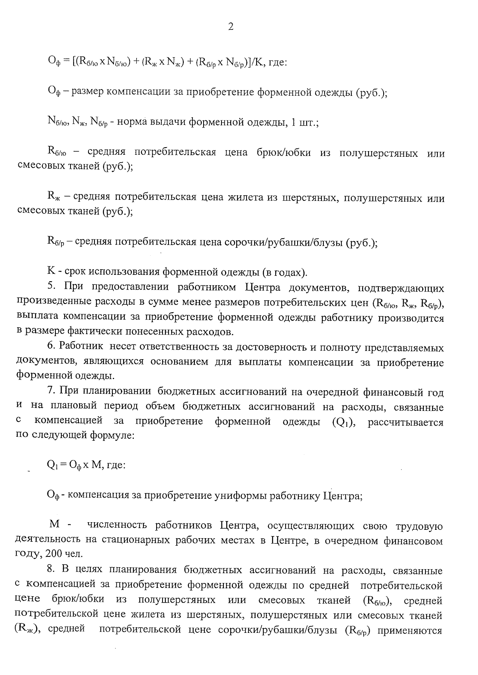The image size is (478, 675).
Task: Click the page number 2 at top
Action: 231,27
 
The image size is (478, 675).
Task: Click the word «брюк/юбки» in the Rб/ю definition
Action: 284,153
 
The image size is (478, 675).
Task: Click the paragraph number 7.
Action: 51,392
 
